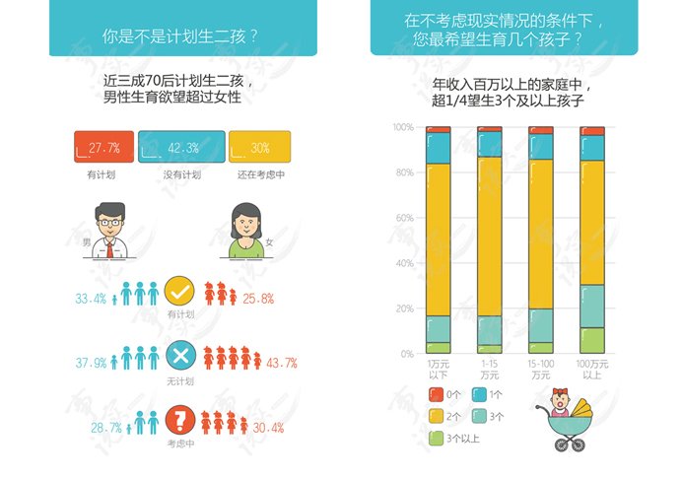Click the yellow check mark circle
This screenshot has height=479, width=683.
pos(178,293)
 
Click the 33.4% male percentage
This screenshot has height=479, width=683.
pos(91,299)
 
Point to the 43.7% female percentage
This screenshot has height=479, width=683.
pos(282,363)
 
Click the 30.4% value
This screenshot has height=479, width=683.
pos(268,428)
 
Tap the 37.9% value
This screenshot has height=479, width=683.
pos(91,363)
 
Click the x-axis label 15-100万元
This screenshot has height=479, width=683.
pos(540,370)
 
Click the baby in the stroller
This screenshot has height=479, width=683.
pos(563,401)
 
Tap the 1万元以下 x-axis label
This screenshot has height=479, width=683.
pos(438,370)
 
